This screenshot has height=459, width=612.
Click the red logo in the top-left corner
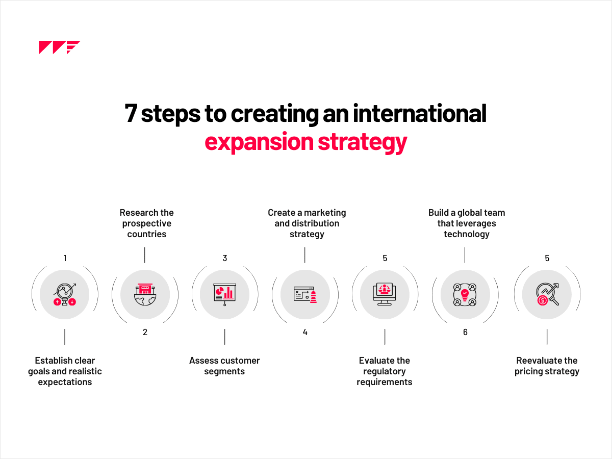click(59, 47)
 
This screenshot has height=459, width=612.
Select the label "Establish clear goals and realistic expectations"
click(65, 371)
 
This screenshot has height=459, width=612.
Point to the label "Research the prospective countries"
click(146, 223)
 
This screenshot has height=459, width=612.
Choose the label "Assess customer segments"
click(224, 366)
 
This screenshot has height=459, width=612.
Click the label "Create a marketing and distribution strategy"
click(307, 223)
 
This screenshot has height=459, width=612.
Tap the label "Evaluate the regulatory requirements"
click(385, 371)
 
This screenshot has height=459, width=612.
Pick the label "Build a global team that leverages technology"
click(466, 223)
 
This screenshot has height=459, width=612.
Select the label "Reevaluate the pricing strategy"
click(547, 366)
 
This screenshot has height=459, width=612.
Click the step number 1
click(65, 258)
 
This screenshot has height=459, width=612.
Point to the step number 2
click(145, 333)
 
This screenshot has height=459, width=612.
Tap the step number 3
click(224, 258)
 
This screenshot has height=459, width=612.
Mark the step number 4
click(305, 333)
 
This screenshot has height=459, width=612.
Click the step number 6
click(465, 333)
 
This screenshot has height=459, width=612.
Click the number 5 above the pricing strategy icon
click(547, 258)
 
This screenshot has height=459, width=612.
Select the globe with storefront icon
click(145, 295)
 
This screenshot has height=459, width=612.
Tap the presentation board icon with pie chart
click(224, 295)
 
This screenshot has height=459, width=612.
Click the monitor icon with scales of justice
click(385, 295)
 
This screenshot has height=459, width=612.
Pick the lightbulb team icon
click(465, 295)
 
